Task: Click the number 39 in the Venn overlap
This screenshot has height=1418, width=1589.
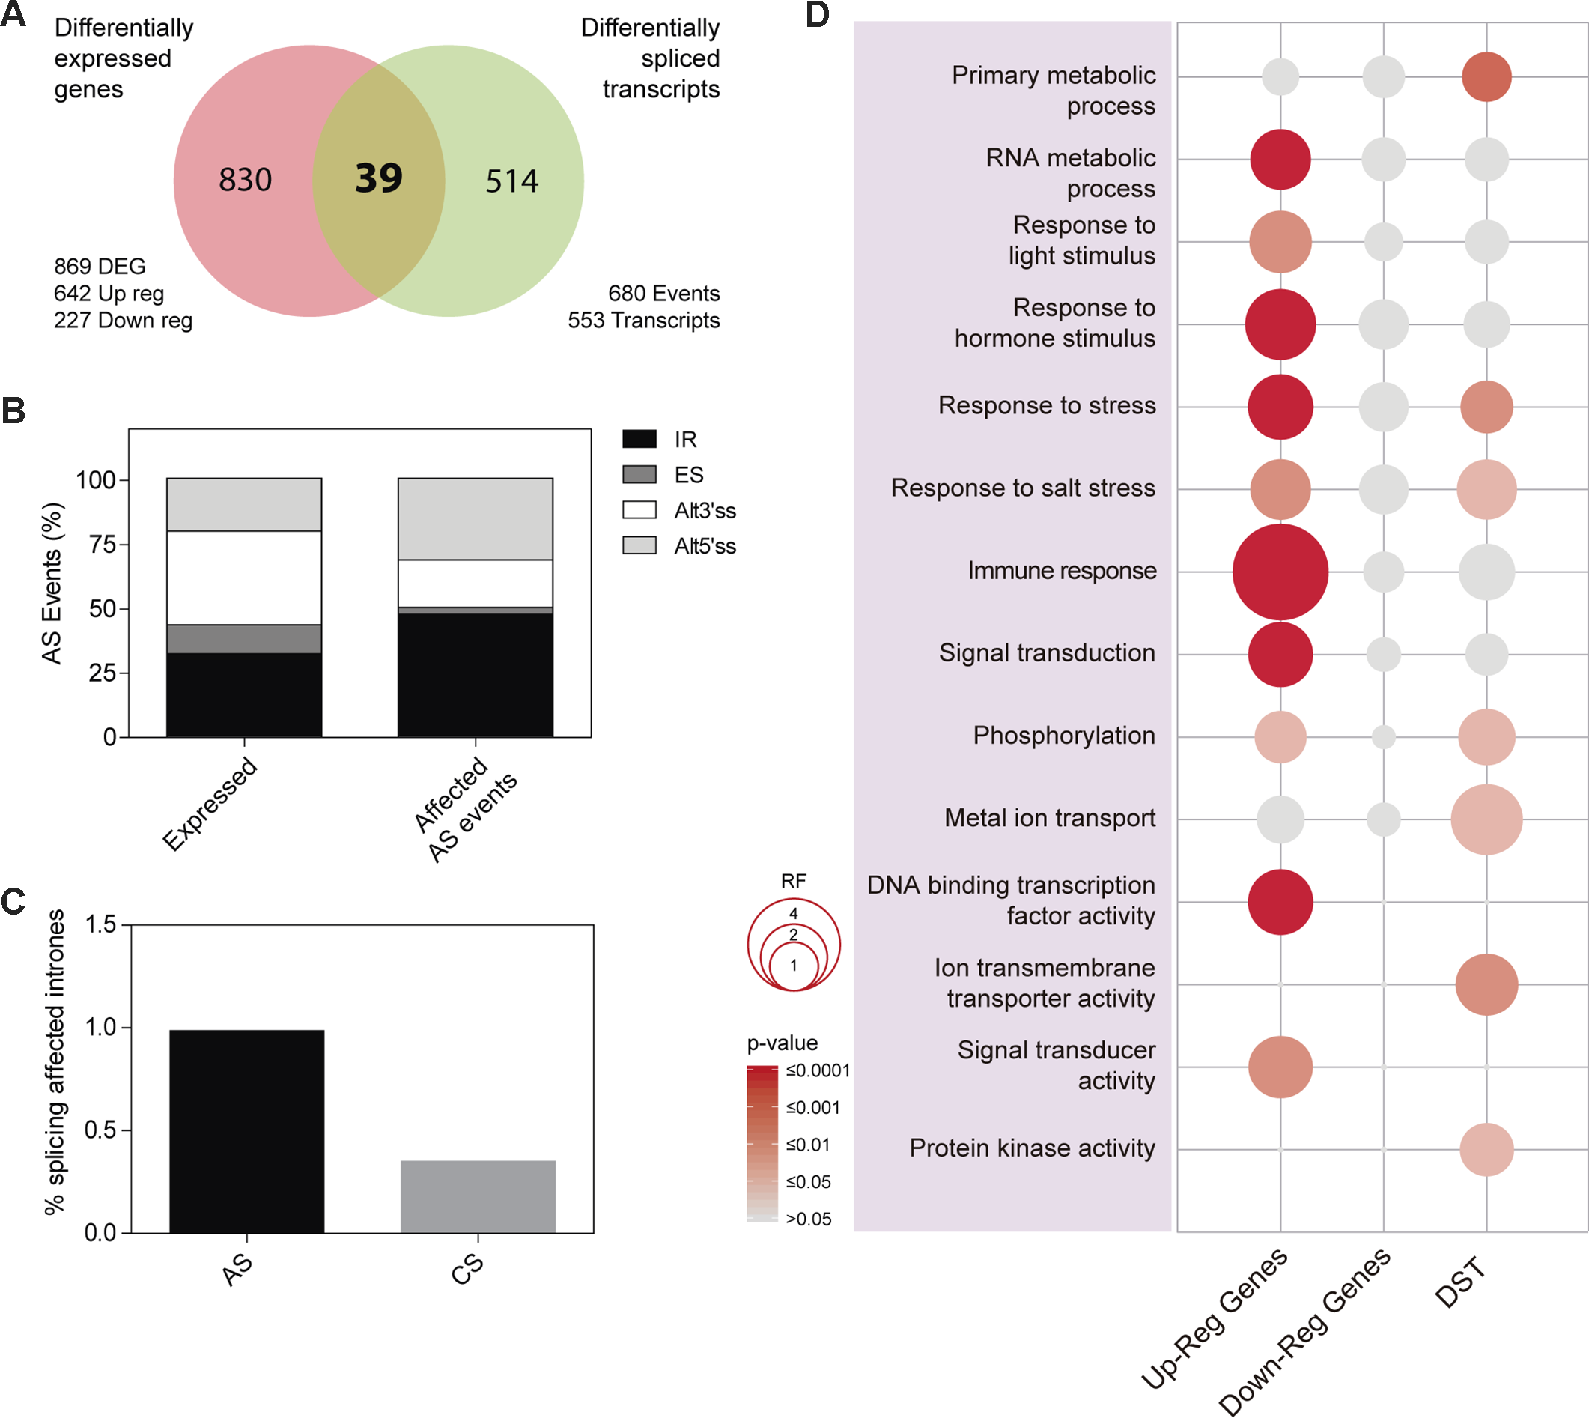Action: (x=379, y=178)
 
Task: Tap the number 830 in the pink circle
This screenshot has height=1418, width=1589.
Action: (x=246, y=180)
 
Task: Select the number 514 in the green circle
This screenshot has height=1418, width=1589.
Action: (x=511, y=181)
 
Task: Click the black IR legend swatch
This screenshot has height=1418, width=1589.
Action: (x=639, y=440)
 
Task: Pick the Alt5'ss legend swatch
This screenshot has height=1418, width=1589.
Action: (x=639, y=545)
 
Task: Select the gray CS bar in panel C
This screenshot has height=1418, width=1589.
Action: (x=478, y=1197)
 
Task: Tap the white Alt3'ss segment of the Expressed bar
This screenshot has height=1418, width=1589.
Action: (x=244, y=578)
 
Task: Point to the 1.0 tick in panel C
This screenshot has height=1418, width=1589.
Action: (x=100, y=1028)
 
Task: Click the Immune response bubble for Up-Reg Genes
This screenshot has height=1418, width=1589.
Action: (x=1280, y=572)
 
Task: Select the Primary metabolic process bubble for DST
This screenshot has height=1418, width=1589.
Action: (x=1486, y=77)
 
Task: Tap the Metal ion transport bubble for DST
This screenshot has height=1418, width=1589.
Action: (x=1486, y=819)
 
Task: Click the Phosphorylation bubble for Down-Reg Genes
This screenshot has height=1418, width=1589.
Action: (x=1383, y=737)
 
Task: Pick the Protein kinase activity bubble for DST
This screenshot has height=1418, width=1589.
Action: (x=1486, y=1149)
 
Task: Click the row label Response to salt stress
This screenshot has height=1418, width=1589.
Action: (x=1023, y=488)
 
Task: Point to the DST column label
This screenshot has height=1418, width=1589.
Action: (x=1461, y=1283)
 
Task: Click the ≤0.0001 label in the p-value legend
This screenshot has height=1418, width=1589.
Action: (x=817, y=1070)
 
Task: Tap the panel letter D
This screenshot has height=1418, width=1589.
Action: (x=817, y=16)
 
